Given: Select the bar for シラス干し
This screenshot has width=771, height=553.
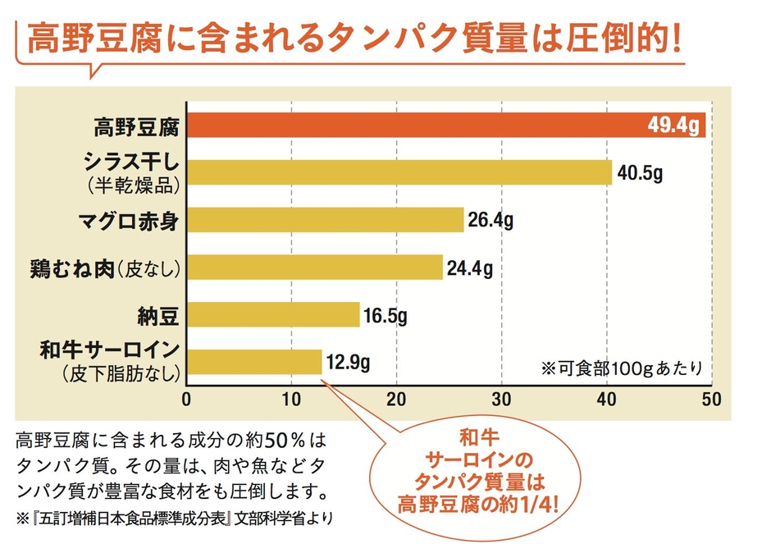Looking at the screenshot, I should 399,172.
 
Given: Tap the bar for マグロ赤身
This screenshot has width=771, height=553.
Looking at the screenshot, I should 326,220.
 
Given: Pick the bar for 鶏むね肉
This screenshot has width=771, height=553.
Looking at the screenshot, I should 315,267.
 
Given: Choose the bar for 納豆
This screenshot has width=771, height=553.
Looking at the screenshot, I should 273,315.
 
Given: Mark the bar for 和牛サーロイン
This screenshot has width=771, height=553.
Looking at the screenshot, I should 254,362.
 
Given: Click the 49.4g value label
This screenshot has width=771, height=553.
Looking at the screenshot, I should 673,126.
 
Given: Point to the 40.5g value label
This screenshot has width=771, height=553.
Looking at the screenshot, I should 640,173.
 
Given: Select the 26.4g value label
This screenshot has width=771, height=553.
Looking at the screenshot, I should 491,220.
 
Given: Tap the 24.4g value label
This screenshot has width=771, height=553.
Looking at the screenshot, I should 470,267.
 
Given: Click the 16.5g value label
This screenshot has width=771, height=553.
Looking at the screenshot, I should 386,315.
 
